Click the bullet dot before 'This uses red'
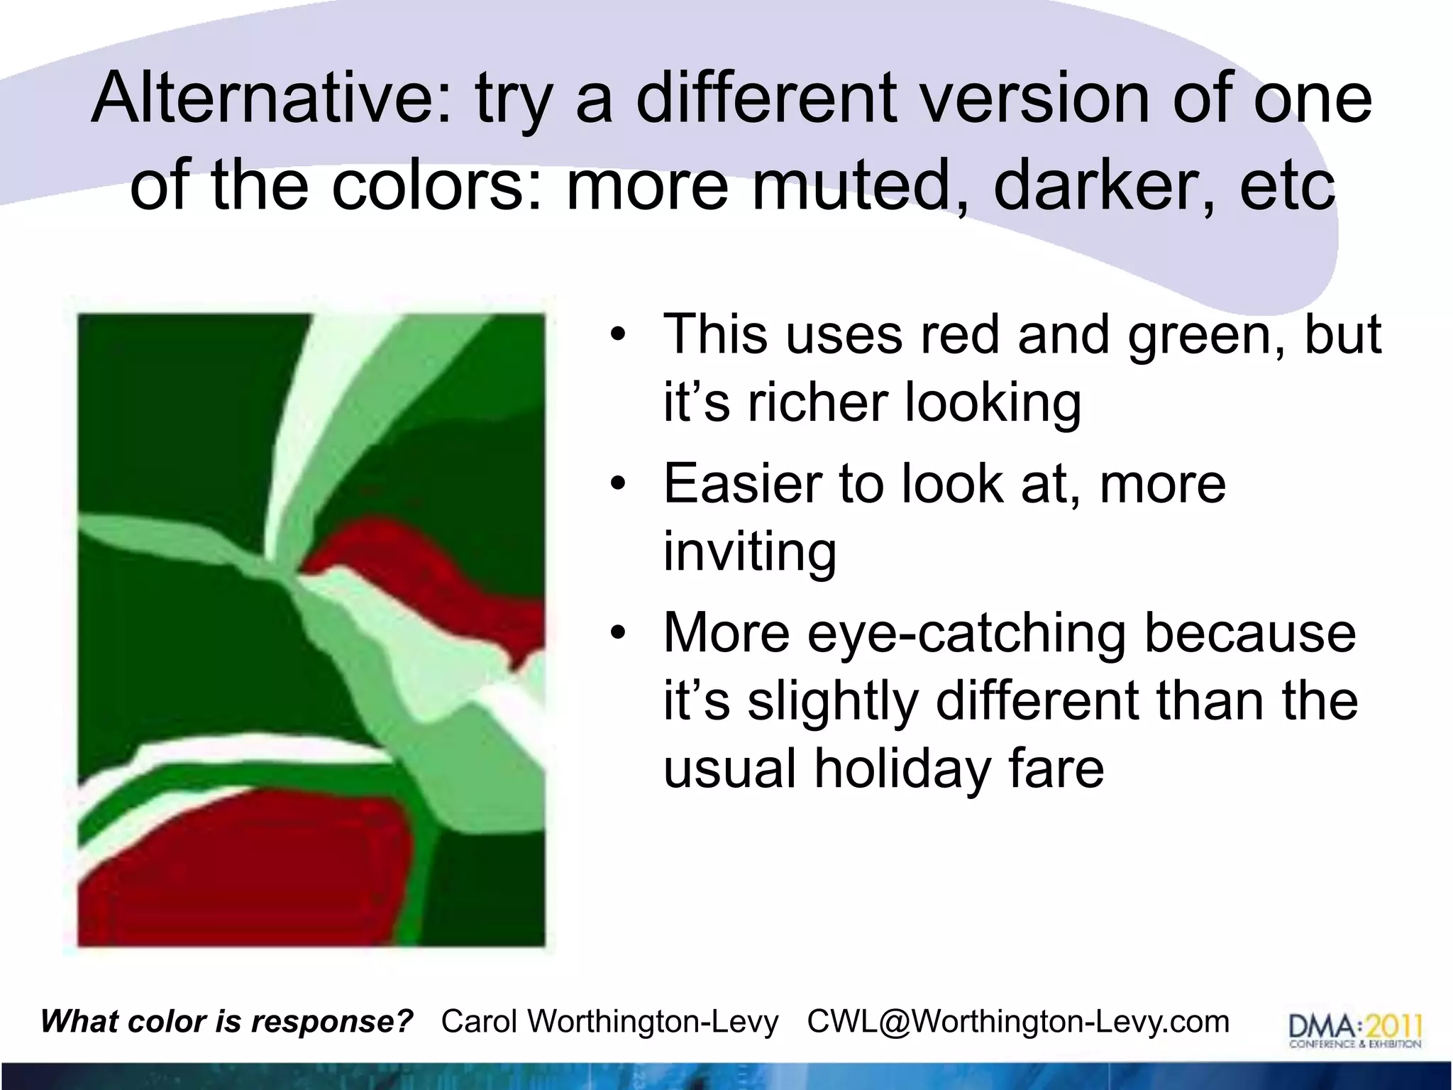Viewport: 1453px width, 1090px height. click(x=619, y=334)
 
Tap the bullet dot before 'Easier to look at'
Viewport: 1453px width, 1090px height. click(x=619, y=483)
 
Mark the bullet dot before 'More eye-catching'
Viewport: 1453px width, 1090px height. click(x=619, y=632)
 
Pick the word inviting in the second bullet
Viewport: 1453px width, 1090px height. click(x=750, y=551)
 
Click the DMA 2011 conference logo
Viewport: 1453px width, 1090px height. click(x=1354, y=1030)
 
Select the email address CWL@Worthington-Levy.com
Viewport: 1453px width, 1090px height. click(x=1018, y=1022)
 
